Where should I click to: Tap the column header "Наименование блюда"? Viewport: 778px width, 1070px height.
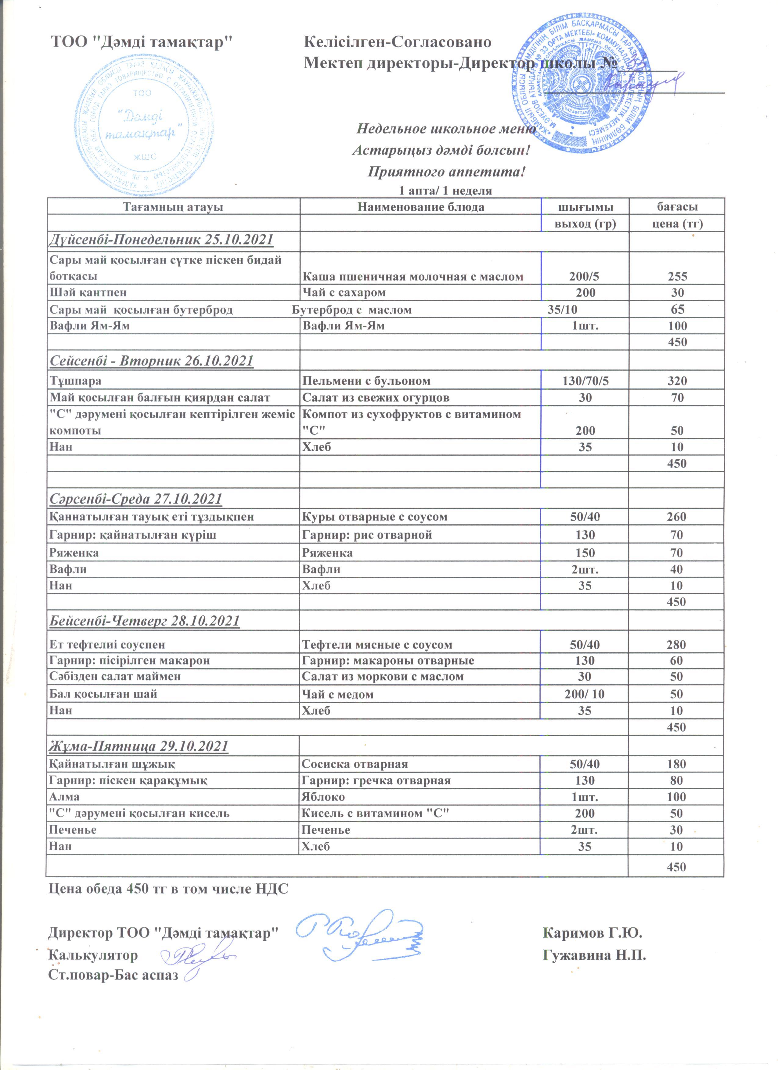[421, 207]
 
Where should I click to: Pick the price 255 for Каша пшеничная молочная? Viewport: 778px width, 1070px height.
[677, 276]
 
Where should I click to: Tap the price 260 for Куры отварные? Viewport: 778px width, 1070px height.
[676, 517]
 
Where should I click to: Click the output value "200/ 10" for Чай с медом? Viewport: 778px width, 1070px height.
[585, 694]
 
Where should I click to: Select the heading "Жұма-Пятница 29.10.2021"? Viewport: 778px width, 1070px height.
[139, 746]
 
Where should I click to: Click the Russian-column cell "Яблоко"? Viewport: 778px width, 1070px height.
[323, 797]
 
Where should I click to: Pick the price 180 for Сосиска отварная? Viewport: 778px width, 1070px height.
[676, 764]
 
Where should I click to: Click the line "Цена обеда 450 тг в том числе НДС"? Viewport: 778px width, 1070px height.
[168, 889]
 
